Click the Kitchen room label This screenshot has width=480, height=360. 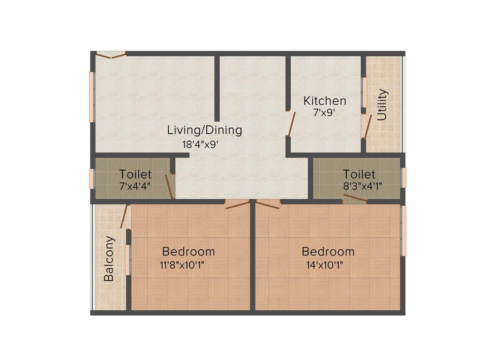coord(325,101)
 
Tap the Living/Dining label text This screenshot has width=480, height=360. coord(205,130)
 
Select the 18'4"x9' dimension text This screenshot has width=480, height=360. coord(201,144)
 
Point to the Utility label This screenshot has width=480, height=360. coord(382,105)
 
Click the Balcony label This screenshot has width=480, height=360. coord(109,259)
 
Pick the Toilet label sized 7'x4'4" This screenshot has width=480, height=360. coord(135,174)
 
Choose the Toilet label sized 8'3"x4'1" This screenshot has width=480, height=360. coord(359,174)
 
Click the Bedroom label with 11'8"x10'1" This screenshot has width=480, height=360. coord(188,251)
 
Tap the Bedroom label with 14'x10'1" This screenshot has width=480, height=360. coord(328,251)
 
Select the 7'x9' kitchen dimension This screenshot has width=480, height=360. coord(324,112)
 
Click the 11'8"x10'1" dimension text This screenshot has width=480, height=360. coord(182,265)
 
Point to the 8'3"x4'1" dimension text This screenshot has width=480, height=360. coord(362,186)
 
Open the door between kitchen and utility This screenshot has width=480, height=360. coord(367,126)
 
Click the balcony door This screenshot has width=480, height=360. coord(124,216)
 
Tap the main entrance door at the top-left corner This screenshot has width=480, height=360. coord(111,55)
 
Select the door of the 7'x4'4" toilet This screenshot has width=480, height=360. coord(170,186)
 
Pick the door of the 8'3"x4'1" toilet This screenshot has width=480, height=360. coord(355,199)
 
